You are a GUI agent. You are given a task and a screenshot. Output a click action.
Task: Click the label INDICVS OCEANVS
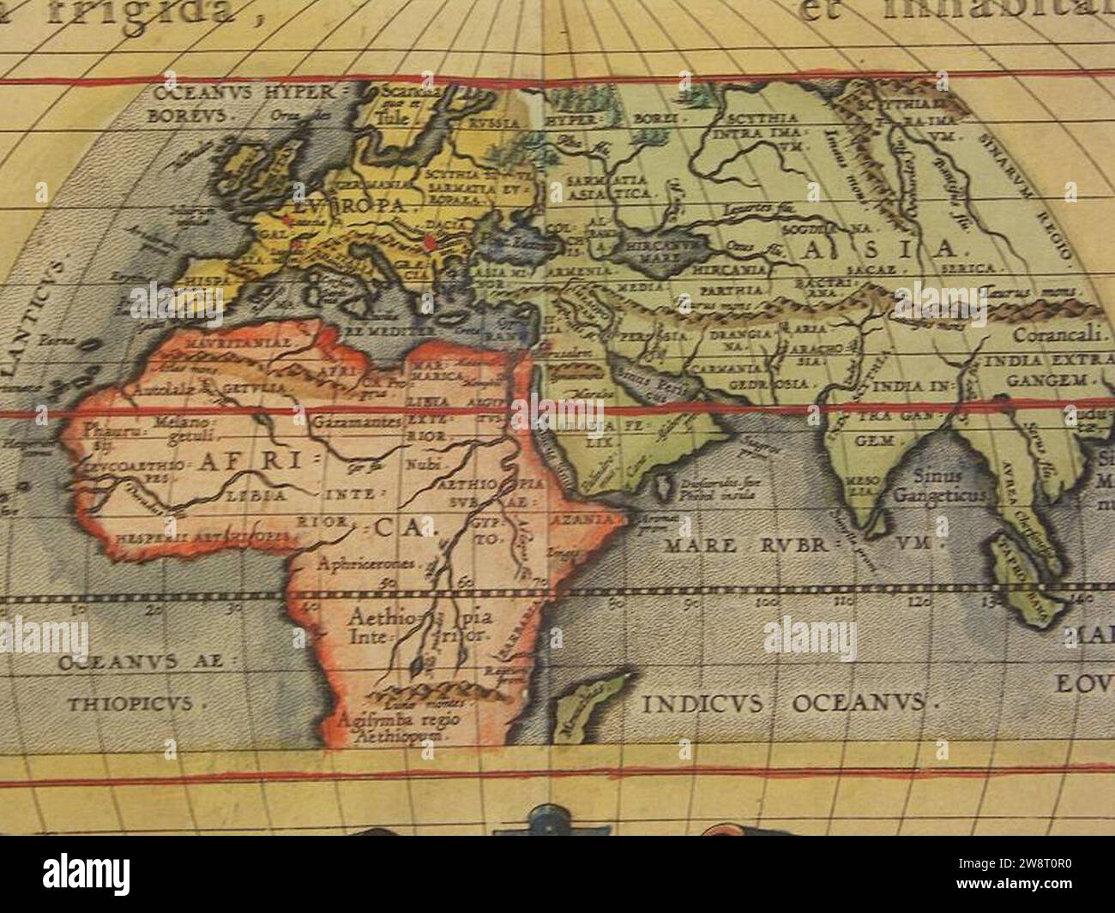click(x=786, y=704)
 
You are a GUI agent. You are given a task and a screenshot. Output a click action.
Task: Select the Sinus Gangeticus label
click(x=940, y=486)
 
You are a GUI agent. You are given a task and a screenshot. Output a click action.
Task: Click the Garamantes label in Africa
click(x=358, y=423)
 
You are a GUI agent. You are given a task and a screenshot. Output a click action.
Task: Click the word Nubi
click(x=420, y=464)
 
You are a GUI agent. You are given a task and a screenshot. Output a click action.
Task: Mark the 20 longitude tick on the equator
click(x=154, y=610)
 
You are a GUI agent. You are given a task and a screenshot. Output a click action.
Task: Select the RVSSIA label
click(x=493, y=123)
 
